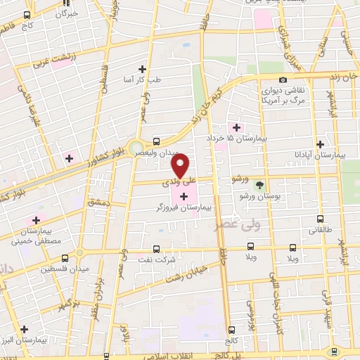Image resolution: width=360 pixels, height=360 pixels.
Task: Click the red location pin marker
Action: point(181,166)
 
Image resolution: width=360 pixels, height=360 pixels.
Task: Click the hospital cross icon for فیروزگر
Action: point(184,195)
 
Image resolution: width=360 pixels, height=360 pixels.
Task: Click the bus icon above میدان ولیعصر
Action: point(155,140)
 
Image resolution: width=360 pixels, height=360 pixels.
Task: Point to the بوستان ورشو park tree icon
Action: point(260,185)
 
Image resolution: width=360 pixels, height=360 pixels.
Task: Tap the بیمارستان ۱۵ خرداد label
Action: point(243,139)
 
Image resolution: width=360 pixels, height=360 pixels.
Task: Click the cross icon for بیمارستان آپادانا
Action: point(320,143)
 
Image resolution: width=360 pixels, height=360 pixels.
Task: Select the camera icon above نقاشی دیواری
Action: point(283,80)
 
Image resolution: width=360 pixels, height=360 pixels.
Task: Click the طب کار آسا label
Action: point(143,80)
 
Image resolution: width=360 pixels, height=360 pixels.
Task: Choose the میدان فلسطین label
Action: point(63,269)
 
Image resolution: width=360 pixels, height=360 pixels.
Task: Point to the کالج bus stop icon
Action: point(231,330)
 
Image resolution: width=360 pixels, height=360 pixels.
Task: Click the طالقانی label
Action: point(319,230)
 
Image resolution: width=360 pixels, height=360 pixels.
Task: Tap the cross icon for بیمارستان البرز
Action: point(25,328)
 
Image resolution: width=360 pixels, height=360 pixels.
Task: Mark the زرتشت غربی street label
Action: point(53,60)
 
